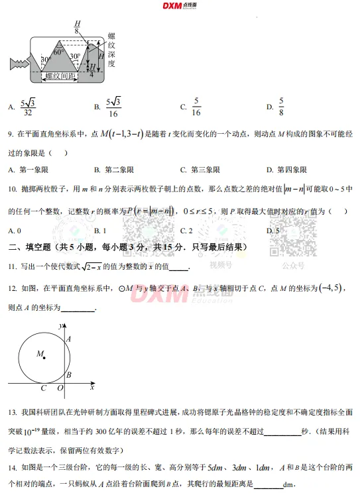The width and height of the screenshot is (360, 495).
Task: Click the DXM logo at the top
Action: (x=179, y=6)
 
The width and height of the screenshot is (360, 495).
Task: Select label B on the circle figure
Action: (x=69, y=375)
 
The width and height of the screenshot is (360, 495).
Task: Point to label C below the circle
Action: (x=44, y=388)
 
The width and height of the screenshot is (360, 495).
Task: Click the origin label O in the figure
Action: (x=60, y=388)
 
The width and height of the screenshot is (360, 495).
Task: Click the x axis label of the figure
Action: (x=92, y=386)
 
